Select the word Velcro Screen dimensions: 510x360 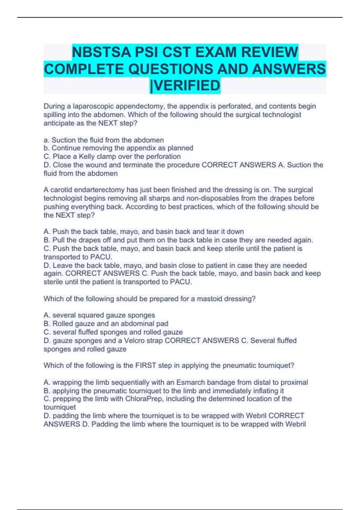click(134, 340)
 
